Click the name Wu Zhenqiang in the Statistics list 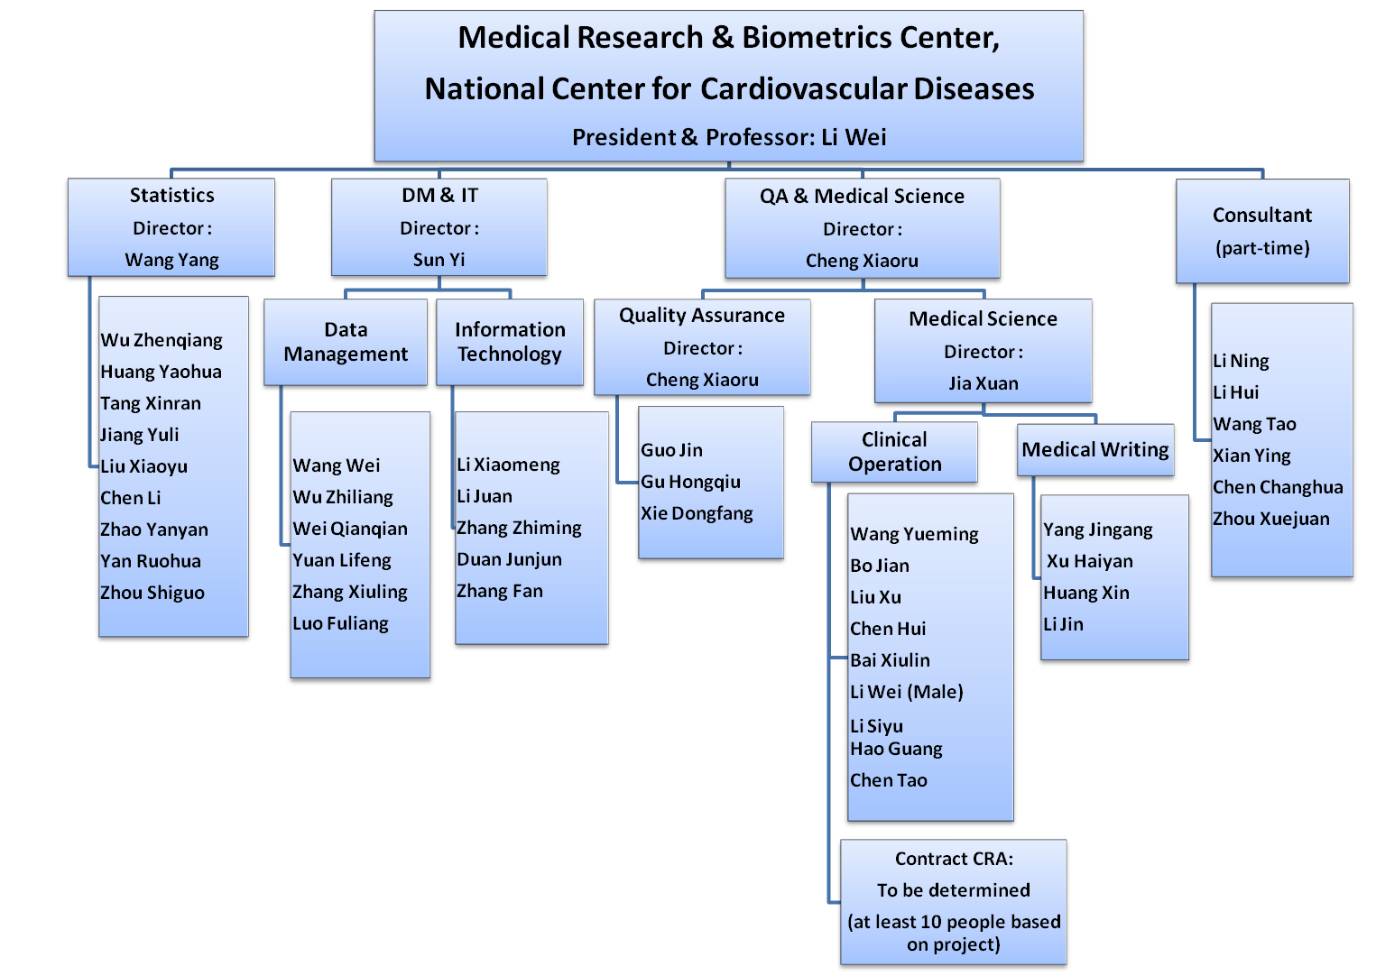(x=162, y=340)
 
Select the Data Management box (x=346, y=343)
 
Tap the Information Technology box (x=510, y=343)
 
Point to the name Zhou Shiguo (x=152, y=593)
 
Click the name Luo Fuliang (x=340, y=623)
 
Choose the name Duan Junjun (x=509, y=559)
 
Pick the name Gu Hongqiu (x=690, y=482)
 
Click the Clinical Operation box (x=894, y=452)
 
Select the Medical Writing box (x=1095, y=449)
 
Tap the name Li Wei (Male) (x=907, y=692)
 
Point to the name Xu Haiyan (x=1089, y=561)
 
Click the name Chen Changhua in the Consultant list (x=1278, y=487)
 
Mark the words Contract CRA (x=954, y=859)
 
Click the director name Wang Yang (x=171, y=260)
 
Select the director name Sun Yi (x=439, y=260)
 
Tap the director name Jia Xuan (x=984, y=383)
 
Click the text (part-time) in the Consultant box (x=1262, y=248)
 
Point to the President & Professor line (x=729, y=137)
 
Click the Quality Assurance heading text (x=702, y=315)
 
